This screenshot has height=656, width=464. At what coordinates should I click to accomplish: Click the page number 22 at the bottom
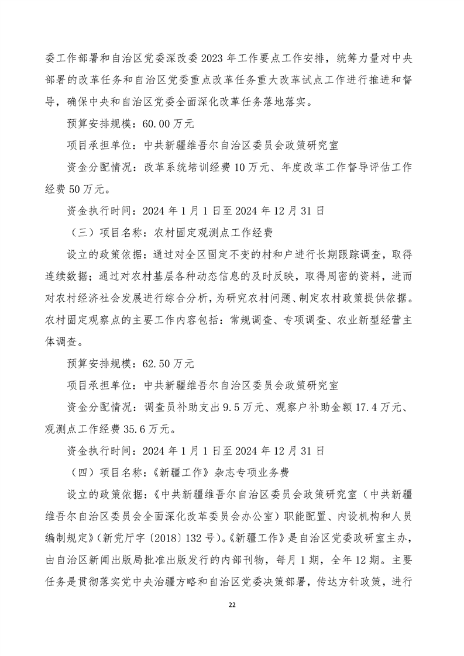[x=232, y=620]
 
